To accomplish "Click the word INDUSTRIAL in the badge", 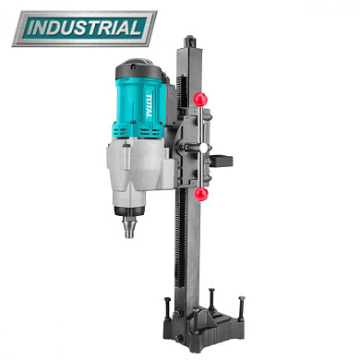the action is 85,29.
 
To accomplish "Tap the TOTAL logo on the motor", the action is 149,105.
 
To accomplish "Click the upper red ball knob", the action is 200,99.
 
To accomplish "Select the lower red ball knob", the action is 201,194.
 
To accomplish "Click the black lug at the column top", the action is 189,42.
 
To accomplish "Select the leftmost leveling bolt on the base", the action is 168,309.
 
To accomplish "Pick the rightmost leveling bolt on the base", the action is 241,308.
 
